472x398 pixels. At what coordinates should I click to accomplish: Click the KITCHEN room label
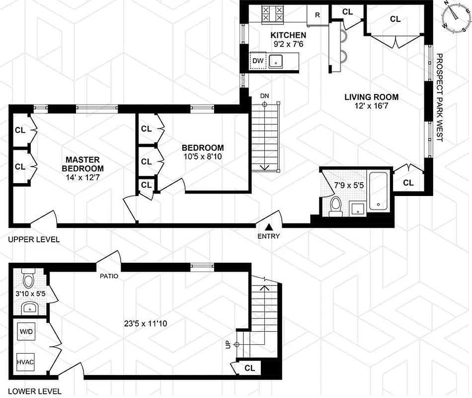click(x=288, y=35)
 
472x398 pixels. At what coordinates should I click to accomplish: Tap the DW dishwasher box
click(x=257, y=61)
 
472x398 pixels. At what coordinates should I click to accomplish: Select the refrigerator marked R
click(x=317, y=14)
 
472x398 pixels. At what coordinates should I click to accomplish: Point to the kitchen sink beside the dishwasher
click(x=276, y=61)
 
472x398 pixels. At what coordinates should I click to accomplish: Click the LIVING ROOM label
click(x=371, y=97)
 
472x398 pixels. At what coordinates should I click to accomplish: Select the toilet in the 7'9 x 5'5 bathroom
click(x=336, y=206)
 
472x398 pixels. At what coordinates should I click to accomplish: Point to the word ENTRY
click(x=269, y=236)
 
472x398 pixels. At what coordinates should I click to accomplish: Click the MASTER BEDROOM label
click(x=83, y=164)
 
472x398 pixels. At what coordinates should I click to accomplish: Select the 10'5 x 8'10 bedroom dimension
click(x=203, y=157)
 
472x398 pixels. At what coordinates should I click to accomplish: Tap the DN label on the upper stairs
click(x=265, y=96)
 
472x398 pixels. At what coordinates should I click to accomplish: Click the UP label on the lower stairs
click(x=229, y=344)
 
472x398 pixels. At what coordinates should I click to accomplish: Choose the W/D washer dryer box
click(x=25, y=331)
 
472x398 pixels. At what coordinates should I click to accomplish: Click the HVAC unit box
click(x=25, y=362)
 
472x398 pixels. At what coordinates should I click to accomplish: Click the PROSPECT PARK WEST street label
click(x=439, y=98)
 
